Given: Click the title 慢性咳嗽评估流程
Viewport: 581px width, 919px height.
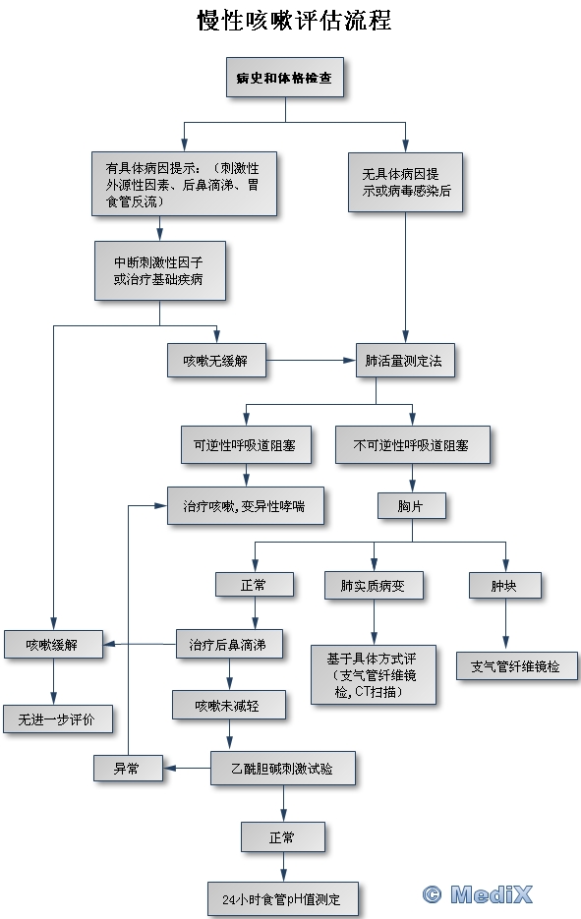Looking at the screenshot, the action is [x=294, y=21].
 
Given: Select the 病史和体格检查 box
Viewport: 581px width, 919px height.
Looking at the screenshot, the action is [x=285, y=78].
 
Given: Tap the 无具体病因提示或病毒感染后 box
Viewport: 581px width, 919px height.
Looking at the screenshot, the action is [x=405, y=182].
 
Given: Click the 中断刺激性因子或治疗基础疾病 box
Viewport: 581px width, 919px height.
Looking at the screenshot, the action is [x=160, y=270].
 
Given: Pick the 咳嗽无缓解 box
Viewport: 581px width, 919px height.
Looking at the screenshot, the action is [x=216, y=361].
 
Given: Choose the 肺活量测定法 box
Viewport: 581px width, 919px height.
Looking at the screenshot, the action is [x=405, y=361].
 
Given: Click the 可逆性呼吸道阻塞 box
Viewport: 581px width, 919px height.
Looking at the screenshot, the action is [x=246, y=445].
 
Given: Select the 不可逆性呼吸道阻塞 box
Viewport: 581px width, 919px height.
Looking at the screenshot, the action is [x=413, y=445].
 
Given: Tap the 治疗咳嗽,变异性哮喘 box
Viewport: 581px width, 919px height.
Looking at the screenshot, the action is [x=246, y=505].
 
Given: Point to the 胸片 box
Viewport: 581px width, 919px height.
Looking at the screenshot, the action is [x=412, y=505].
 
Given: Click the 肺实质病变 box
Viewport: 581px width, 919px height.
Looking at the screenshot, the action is [x=374, y=585].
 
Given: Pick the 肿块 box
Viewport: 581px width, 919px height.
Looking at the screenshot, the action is [x=504, y=585].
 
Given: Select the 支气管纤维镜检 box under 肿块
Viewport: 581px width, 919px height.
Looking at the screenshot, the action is [x=517, y=665].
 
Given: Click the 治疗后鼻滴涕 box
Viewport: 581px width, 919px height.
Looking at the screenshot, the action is [x=230, y=645].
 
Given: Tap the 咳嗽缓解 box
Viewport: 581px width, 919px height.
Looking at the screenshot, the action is [x=53, y=645].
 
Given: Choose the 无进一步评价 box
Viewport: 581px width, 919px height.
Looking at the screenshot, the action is [x=57, y=719].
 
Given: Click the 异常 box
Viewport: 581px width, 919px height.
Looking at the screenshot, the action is [x=128, y=768].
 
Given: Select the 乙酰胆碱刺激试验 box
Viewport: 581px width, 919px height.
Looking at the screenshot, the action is [x=283, y=768].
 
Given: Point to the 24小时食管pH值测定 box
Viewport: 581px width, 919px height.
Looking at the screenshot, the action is [x=283, y=899].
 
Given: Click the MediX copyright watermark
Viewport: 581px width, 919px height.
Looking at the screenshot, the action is [x=477, y=894].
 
